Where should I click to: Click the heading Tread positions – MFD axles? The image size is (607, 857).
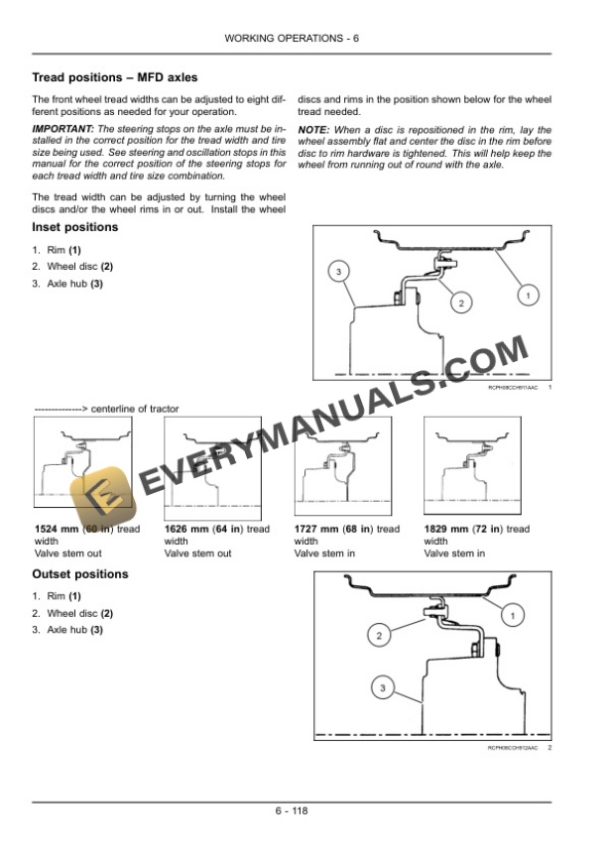pyautogui.click(x=115, y=77)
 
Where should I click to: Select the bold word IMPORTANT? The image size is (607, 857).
pyautogui.click(x=63, y=130)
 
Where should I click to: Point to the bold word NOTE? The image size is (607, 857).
pyautogui.click(x=314, y=130)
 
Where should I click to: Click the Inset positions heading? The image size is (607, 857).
pyautogui.click(x=75, y=227)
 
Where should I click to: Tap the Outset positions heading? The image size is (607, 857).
pyautogui.click(x=80, y=574)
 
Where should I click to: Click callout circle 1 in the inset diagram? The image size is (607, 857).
pyautogui.click(x=529, y=296)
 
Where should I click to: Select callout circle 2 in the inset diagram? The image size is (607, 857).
pyautogui.click(x=460, y=302)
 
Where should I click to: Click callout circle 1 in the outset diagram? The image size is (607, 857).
pyautogui.click(x=513, y=617)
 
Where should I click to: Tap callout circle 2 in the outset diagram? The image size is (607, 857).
pyautogui.click(x=378, y=634)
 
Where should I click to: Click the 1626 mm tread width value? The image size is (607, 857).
pyautogui.click(x=183, y=530)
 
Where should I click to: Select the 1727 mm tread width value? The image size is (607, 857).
pyautogui.click(x=314, y=530)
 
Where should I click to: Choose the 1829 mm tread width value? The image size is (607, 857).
pyautogui.click(x=443, y=530)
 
